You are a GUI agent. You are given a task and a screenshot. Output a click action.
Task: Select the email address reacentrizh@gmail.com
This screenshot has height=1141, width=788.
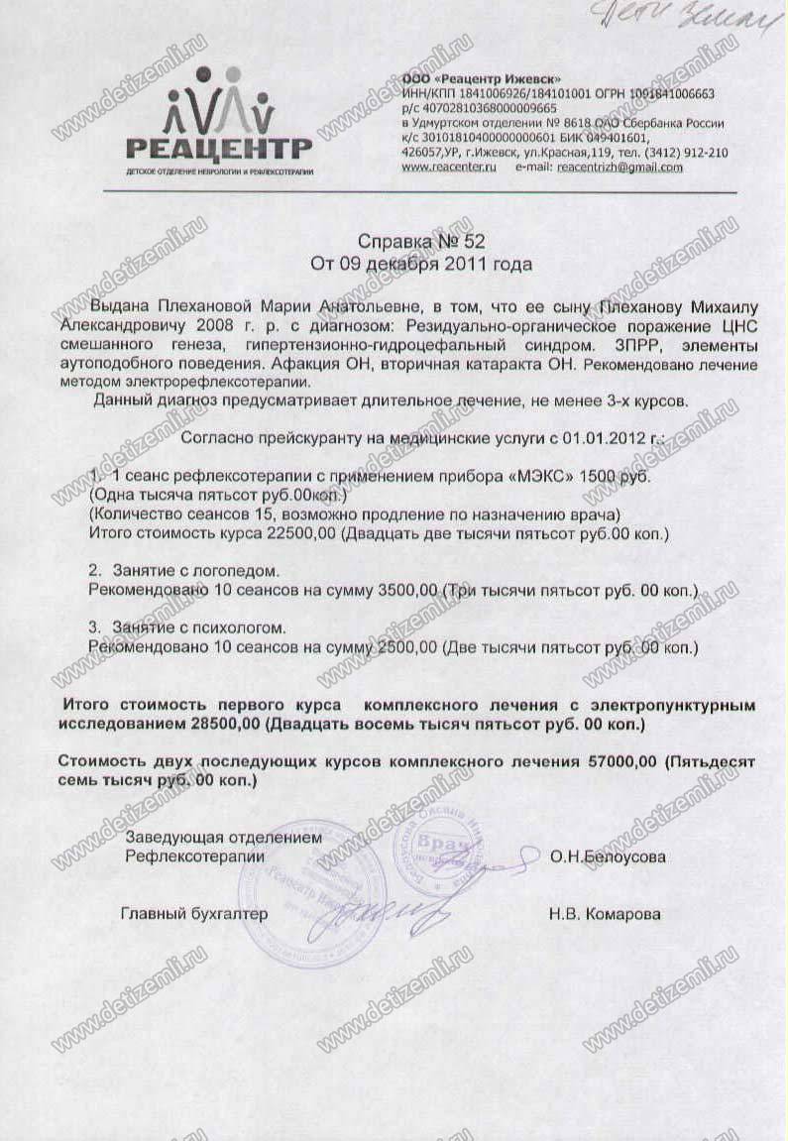point(619,168)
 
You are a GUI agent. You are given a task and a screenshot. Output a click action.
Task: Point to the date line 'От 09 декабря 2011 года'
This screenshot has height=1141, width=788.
point(420,264)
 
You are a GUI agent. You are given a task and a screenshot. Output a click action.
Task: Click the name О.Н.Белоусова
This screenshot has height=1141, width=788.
point(608,856)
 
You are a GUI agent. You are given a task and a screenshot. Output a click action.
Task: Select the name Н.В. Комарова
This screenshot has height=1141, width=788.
point(604,914)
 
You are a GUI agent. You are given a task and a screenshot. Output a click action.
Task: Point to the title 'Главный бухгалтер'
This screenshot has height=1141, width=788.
point(194,914)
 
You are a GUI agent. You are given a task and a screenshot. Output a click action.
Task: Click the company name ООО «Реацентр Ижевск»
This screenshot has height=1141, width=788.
point(482,78)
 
